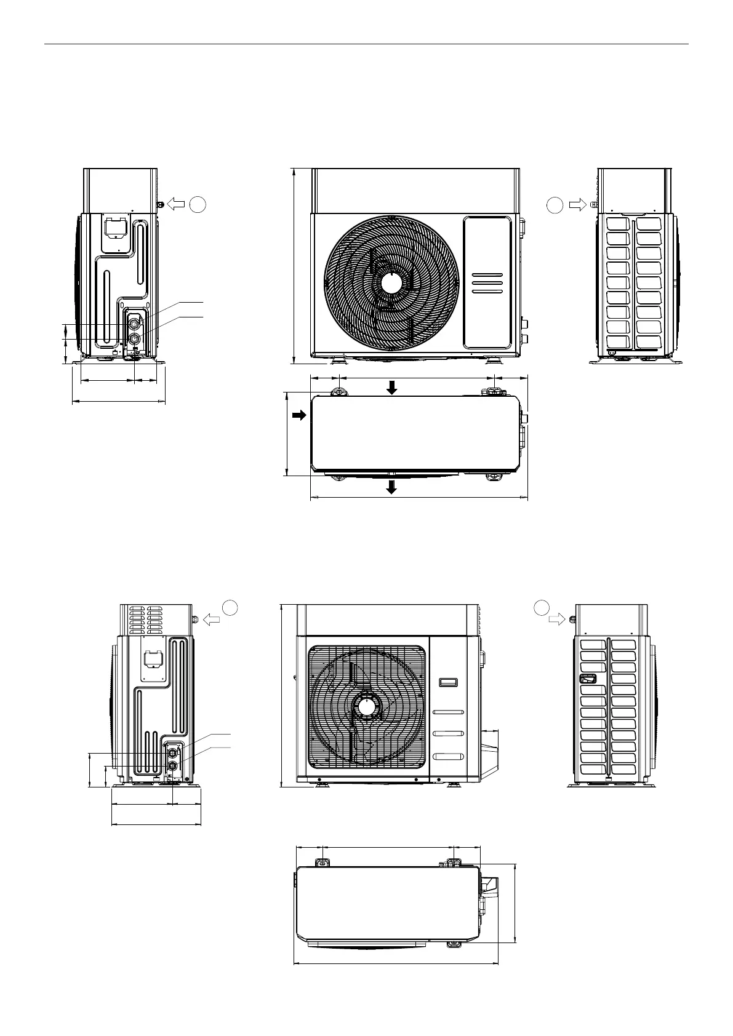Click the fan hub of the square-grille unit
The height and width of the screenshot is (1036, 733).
pyautogui.click(x=367, y=707)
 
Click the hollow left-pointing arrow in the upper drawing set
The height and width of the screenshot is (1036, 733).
pyautogui.click(x=176, y=203)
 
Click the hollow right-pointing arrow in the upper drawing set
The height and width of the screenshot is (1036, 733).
pyautogui.click(x=577, y=204)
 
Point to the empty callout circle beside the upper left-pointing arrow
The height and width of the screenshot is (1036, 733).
pyautogui.click(x=198, y=204)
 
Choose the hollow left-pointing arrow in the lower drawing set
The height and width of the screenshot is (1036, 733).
pyautogui.click(x=211, y=620)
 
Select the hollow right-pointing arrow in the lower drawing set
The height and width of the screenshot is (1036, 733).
pyautogui.click(x=557, y=620)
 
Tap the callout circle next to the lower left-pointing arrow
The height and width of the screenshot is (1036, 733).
pyautogui.click(x=230, y=607)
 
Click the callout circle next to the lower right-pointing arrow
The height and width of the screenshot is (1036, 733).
pyautogui.click(x=541, y=608)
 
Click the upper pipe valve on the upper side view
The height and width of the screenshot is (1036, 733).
pyautogui.click(x=134, y=321)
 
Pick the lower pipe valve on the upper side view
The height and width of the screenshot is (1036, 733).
pyautogui.click(x=134, y=337)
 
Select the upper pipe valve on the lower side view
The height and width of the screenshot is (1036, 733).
pyautogui.click(x=173, y=751)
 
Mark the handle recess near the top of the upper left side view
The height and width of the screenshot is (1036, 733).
pyautogui.click(x=113, y=226)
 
